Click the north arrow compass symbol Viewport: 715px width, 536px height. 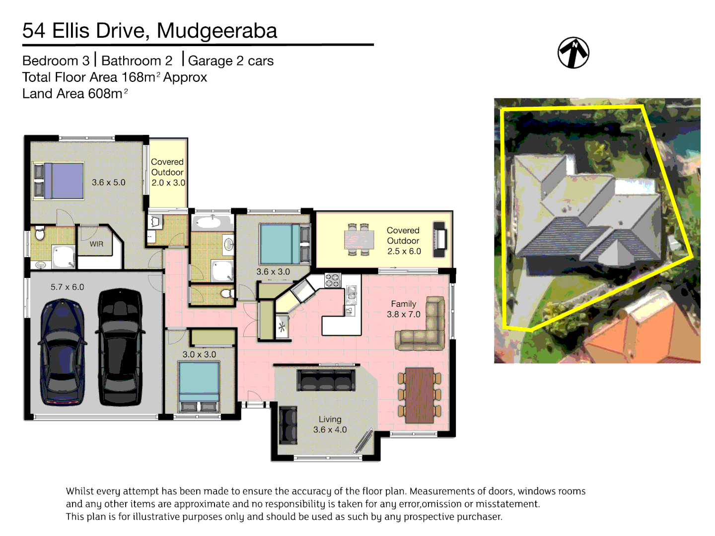pos(573,53)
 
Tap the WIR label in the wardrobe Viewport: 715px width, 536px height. pos(96,244)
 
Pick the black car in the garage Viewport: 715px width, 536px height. pos(120,347)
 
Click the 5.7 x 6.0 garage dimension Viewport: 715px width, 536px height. pos(67,287)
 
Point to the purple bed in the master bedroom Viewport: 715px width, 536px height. pos(64,181)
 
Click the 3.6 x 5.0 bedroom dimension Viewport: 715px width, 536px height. pos(108,183)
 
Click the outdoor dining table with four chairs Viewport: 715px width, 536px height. pos(359,240)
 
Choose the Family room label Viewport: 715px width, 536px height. pos(403,304)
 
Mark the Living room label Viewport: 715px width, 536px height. pos(330,419)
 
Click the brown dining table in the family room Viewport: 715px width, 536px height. pos(419,395)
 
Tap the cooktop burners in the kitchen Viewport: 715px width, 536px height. pos(333,280)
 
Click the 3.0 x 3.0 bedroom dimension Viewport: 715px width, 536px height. pos(199,354)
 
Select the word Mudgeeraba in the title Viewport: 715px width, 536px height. pos(217,31)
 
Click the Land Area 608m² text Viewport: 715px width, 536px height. pos(74,94)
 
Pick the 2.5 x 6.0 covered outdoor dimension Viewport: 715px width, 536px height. pos(404,251)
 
